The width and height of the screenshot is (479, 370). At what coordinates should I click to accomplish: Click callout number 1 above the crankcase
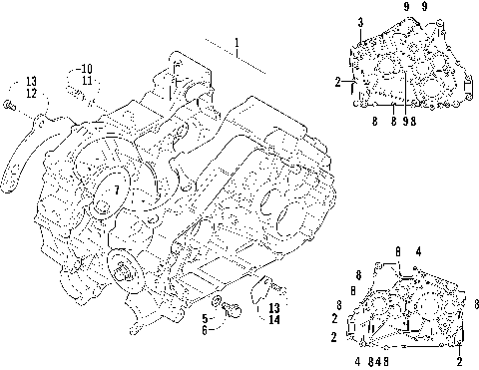click(x=237, y=43)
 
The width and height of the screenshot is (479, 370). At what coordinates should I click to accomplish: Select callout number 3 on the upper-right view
click(x=360, y=23)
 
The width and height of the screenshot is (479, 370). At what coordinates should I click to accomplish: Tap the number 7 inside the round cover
click(x=117, y=190)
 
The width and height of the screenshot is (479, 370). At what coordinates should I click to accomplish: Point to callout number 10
click(x=86, y=69)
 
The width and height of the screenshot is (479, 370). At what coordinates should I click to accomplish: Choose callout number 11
click(x=87, y=81)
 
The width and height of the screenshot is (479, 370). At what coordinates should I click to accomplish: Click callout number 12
click(x=31, y=94)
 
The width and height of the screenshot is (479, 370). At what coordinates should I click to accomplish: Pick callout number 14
click(x=274, y=320)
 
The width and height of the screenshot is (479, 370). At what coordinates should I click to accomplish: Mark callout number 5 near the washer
click(x=205, y=319)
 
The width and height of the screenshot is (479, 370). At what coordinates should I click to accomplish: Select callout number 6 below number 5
click(x=205, y=330)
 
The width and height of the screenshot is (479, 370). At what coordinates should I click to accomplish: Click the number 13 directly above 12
click(x=31, y=81)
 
